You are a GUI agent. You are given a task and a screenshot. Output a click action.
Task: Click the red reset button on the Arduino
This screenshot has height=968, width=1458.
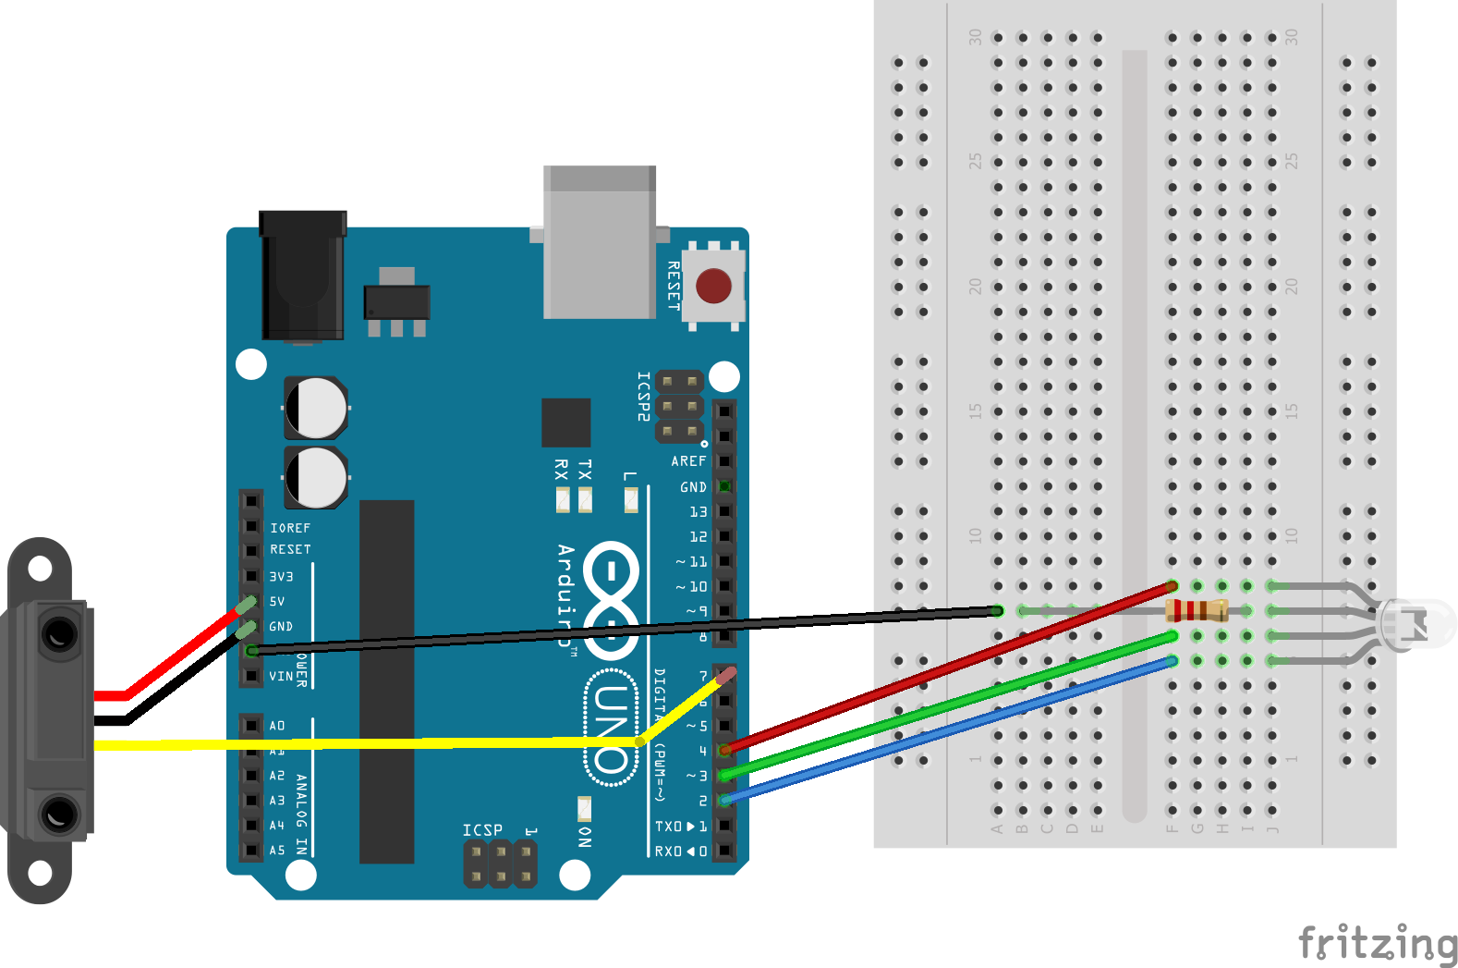pyautogui.click(x=713, y=286)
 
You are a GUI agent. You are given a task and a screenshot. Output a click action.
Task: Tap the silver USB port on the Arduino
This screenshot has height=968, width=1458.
pyautogui.click(x=600, y=243)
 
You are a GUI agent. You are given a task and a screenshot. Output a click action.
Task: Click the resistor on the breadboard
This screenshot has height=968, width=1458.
pyautogui.click(x=1197, y=610)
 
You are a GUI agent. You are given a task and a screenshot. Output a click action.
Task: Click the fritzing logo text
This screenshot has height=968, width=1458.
pyautogui.click(x=1378, y=943)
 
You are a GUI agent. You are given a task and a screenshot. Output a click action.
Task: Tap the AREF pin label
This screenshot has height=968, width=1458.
pyautogui.click(x=688, y=460)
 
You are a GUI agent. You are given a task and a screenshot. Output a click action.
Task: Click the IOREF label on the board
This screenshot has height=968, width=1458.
pyautogui.click(x=290, y=528)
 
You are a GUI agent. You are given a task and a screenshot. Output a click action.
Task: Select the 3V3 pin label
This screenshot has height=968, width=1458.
pyautogui.click(x=281, y=576)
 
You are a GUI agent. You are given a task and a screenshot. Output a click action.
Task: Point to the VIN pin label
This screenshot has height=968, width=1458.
pyautogui.click(x=281, y=676)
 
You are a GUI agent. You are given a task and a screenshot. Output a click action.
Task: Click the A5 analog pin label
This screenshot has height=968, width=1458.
pyautogui.click(x=277, y=850)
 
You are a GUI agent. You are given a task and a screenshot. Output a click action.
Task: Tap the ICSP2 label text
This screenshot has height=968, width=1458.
pyautogui.click(x=644, y=397)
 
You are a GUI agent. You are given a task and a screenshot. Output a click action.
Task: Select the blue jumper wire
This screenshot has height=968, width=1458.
pyautogui.click(x=952, y=729)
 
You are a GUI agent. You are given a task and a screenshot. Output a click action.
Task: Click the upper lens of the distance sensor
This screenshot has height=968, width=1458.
pyautogui.click(x=59, y=634)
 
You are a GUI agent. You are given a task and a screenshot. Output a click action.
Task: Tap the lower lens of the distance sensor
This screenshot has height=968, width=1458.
pyautogui.click(x=59, y=815)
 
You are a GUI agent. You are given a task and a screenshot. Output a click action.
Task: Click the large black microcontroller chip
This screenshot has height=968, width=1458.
pyautogui.click(x=386, y=681)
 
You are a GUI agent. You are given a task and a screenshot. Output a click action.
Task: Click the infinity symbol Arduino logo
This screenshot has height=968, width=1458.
pyautogui.click(x=611, y=600)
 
